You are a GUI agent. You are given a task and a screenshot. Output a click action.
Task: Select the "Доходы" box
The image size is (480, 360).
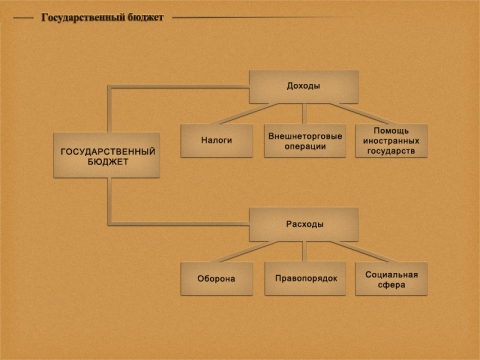click(303, 87)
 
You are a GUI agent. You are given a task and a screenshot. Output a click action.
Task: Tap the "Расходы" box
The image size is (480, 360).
click(303, 224)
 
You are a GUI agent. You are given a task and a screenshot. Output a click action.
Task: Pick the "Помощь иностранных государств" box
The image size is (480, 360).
click(391, 141)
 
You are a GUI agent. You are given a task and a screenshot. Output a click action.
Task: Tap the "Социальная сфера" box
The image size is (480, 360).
click(391, 278)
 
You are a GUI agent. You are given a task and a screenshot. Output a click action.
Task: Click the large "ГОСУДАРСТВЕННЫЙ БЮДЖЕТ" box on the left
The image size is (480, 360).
click(107, 155)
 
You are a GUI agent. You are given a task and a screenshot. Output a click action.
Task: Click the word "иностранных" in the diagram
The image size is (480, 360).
click(391, 141)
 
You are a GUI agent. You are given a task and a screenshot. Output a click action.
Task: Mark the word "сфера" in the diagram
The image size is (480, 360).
click(391, 284)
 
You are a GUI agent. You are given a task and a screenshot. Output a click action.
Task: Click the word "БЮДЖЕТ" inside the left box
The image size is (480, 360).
click(107, 161)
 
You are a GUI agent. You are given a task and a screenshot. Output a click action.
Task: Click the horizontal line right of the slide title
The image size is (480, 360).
click(320, 17)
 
